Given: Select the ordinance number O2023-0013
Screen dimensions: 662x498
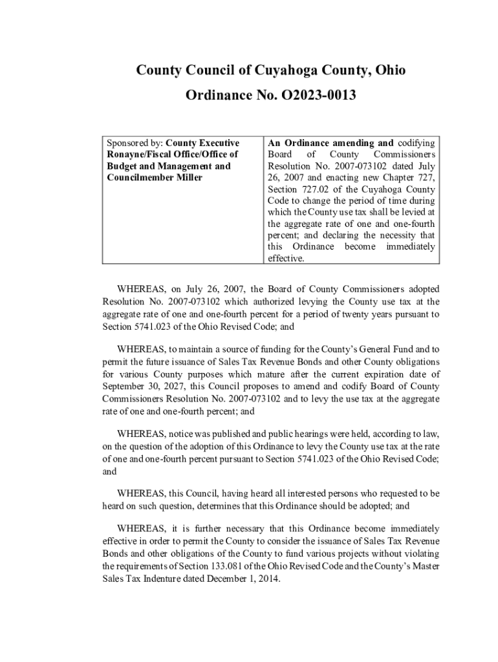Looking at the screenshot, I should coord(319,96).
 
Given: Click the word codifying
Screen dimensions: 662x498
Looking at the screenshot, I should coord(416,143).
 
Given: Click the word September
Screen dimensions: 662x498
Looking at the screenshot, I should coord(127,387).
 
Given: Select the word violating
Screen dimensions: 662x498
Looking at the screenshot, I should coord(420,555).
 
